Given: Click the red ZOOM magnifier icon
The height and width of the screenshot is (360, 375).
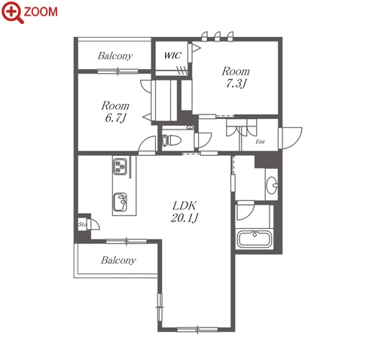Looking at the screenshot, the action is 13,12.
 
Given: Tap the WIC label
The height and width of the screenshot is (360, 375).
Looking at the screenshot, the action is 172,55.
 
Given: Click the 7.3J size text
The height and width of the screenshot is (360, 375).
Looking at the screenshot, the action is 236,84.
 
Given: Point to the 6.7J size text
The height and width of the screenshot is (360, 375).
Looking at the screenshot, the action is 115,117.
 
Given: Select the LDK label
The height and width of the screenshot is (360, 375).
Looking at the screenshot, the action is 184,206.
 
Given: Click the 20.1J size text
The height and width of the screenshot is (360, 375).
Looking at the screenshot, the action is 184,218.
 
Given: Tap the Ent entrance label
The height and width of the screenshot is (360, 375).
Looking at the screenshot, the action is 260,142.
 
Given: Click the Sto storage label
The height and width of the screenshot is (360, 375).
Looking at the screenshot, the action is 82,224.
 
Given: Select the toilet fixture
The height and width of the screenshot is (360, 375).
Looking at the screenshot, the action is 171,140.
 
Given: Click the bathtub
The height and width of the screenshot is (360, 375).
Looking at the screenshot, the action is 255,239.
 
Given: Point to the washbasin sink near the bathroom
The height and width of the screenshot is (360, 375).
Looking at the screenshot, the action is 272,185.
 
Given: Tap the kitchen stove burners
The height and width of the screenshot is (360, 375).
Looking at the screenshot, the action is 120,166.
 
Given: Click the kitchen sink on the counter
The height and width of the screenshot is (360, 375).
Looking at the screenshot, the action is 120,202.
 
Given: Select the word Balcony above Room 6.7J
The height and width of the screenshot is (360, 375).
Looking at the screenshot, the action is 115,56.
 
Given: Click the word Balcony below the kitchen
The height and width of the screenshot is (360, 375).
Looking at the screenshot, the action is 118,260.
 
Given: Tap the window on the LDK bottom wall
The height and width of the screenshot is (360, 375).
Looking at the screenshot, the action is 197,329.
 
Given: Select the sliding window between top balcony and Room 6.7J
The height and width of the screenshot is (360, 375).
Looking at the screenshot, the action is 117,72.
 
